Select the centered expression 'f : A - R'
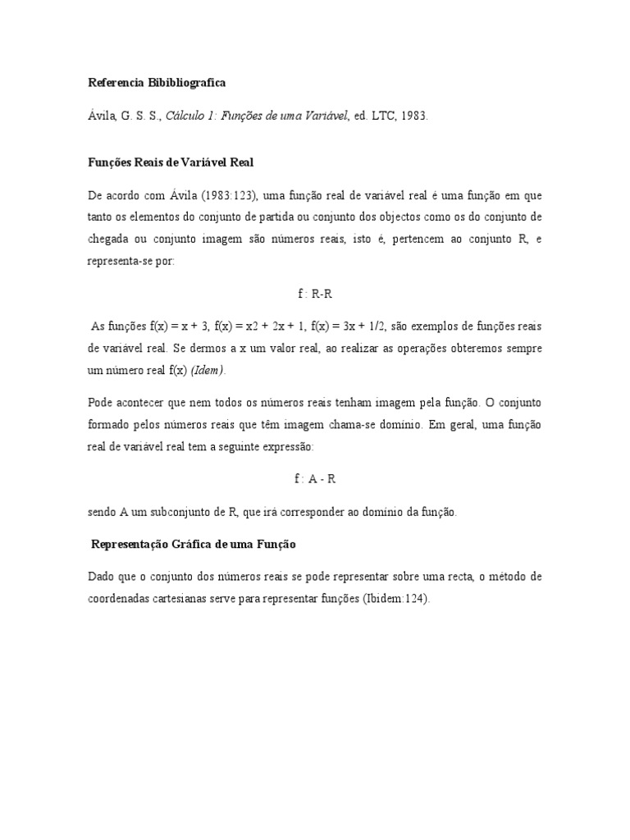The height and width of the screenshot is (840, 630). (x=314, y=478)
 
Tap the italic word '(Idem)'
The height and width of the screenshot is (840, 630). (x=208, y=371)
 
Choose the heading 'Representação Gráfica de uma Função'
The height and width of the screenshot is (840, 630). (x=194, y=544)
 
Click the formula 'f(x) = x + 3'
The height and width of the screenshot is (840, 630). (x=178, y=326)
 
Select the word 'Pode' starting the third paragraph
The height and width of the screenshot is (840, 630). (x=101, y=404)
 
